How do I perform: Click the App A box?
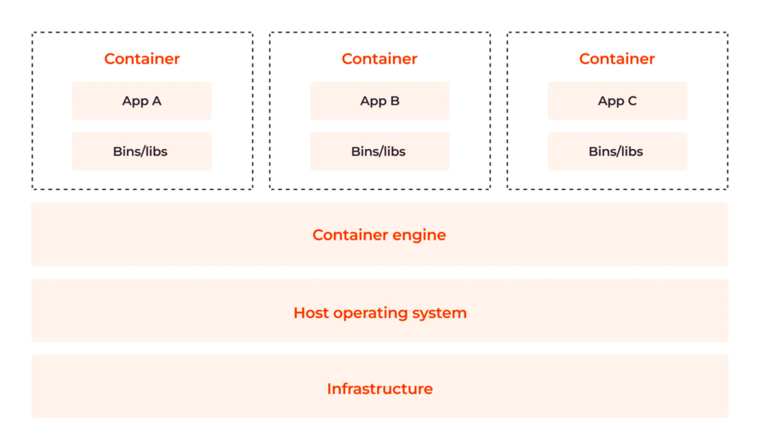(142, 101)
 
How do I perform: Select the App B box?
(379, 101)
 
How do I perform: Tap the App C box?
(617, 101)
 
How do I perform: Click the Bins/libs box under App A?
(142, 151)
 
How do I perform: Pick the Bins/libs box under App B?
(379, 151)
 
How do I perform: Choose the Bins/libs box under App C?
(617, 151)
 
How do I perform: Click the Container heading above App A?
(142, 59)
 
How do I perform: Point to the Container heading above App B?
(379, 59)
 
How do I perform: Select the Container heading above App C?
(617, 59)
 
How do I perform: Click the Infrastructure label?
(379, 389)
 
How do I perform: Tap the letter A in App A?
(156, 101)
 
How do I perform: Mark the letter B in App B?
(395, 101)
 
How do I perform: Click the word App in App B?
(373, 102)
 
